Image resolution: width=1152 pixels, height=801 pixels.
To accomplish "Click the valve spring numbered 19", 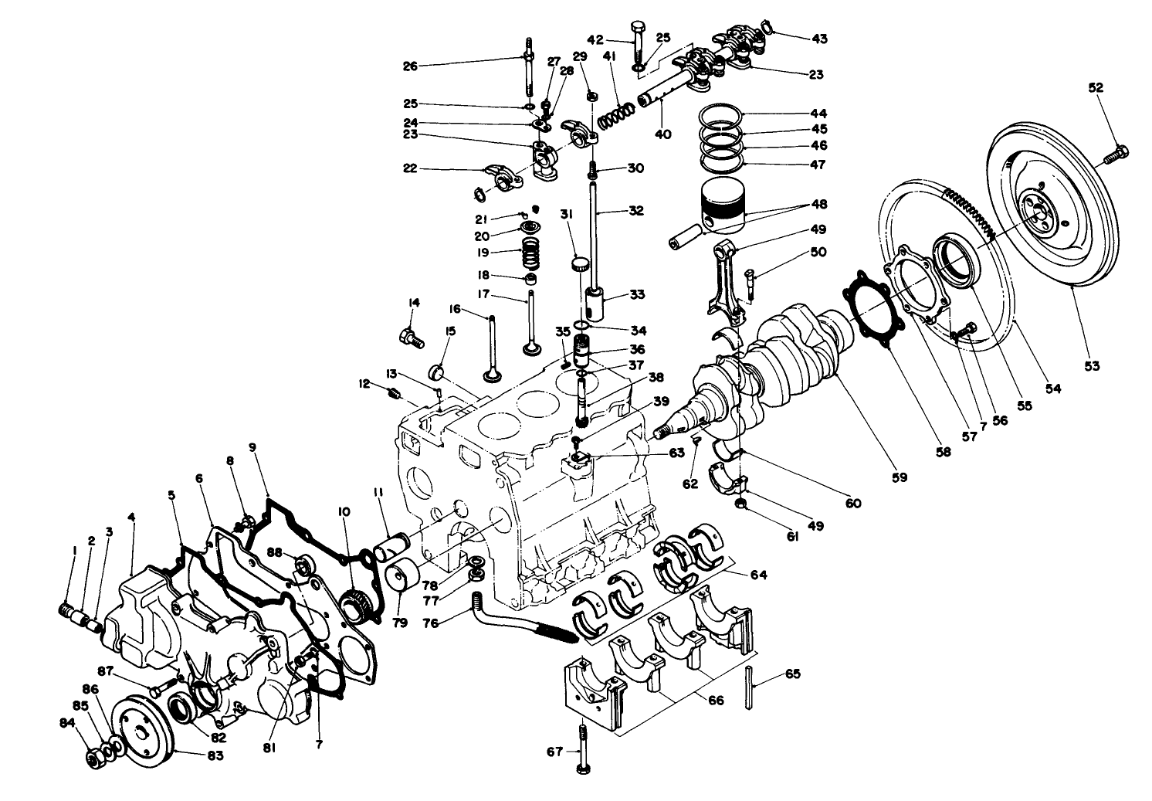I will [529, 252].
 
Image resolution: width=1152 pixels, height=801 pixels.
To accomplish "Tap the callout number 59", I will [898, 477].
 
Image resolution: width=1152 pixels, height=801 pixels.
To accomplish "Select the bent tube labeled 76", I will [525, 618].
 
